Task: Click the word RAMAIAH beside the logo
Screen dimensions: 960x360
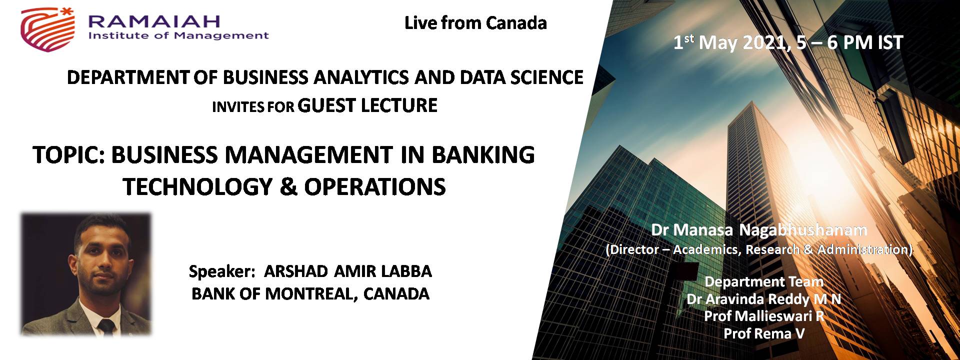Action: (x=154, y=21)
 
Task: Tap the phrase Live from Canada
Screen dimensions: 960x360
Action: (x=475, y=23)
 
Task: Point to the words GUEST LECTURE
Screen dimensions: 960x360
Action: (x=367, y=105)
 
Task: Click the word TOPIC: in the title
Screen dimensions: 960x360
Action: (x=68, y=155)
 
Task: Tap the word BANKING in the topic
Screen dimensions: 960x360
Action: (x=483, y=155)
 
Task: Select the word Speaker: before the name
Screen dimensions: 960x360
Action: (x=222, y=272)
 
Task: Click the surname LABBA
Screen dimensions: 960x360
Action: (x=406, y=271)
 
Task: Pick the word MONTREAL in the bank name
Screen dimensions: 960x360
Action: (x=311, y=294)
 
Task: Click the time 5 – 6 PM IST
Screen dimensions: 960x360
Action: (x=849, y=42)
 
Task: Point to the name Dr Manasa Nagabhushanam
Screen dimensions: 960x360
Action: (x=759, y=230)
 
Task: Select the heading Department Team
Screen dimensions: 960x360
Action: (x=764, y=281)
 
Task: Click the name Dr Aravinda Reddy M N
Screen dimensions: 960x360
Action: (x=763, y=299)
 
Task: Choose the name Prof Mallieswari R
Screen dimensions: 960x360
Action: (x=764, y=316)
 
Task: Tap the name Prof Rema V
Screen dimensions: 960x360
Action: (x=764, y=333)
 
